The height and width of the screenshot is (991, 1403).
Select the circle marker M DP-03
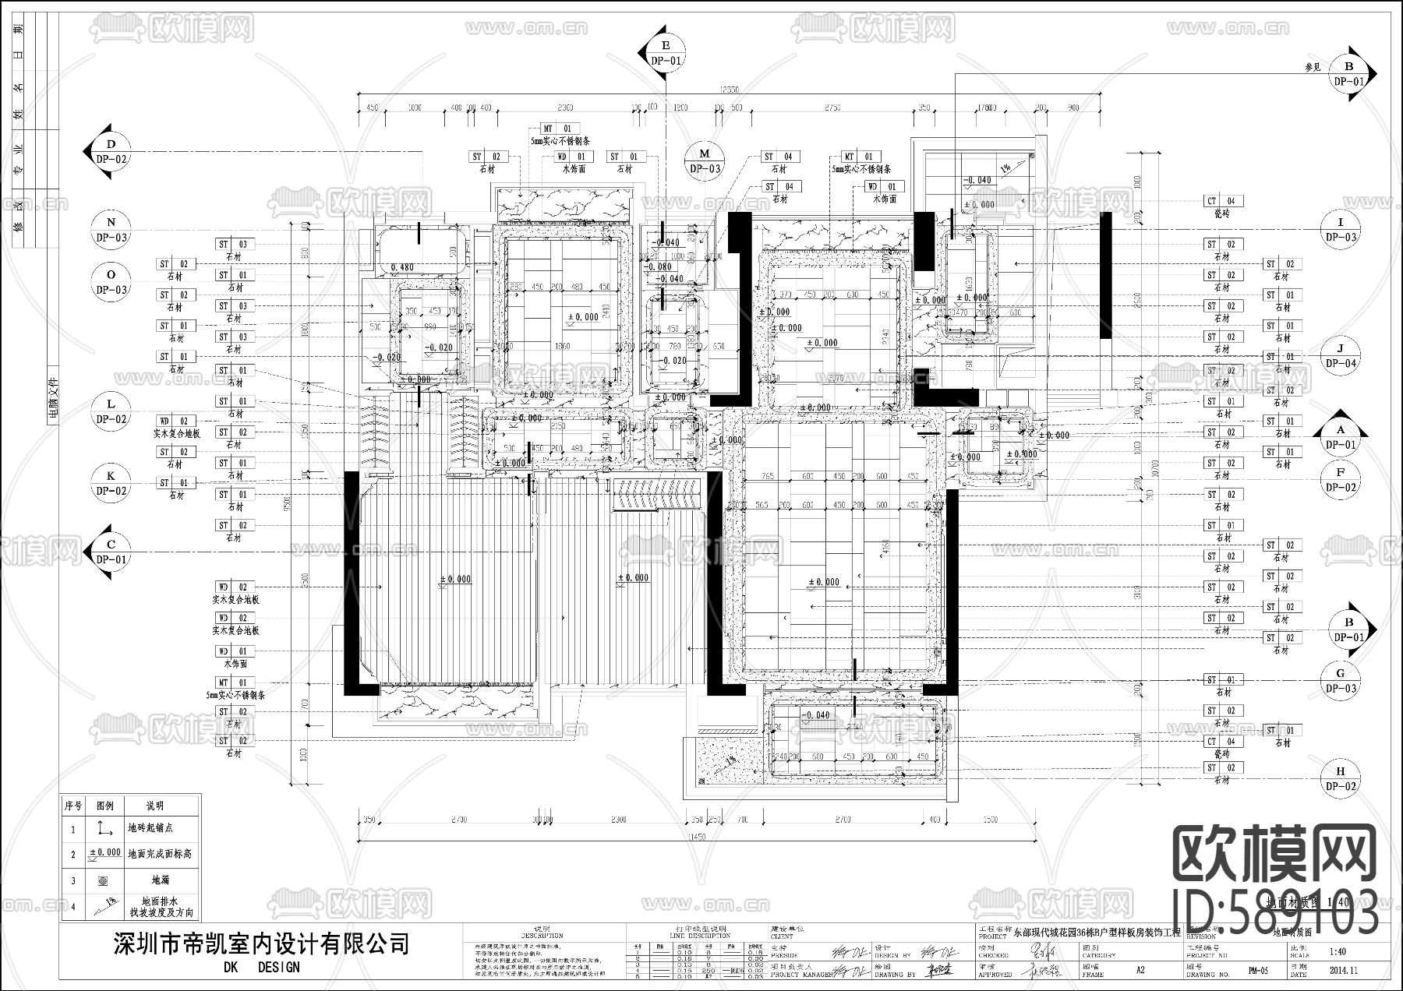pyautogui.click(x=705, y=161)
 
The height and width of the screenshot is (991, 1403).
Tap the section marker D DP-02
pyautogui.click(x=111, y=151)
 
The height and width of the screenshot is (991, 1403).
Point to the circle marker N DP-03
pyautogui.click(x=111, y=229)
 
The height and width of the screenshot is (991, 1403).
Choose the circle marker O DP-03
pyautogui.click(x=111, y=282)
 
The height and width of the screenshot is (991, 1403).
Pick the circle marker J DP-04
pyautogui.click(x=1341, y=356)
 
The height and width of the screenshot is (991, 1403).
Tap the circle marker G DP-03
pyautogui.click(x=1341, y=680)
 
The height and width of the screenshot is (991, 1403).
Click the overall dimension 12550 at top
pyautogui.click(x=730, y=90)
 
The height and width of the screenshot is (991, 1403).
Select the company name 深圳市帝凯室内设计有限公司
pyautogui.click(x=261, y=944)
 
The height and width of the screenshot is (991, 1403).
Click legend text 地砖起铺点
pyautogui.click(x=150, y=827)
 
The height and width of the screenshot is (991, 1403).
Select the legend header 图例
pyautogui.click(x=104, y=805)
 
